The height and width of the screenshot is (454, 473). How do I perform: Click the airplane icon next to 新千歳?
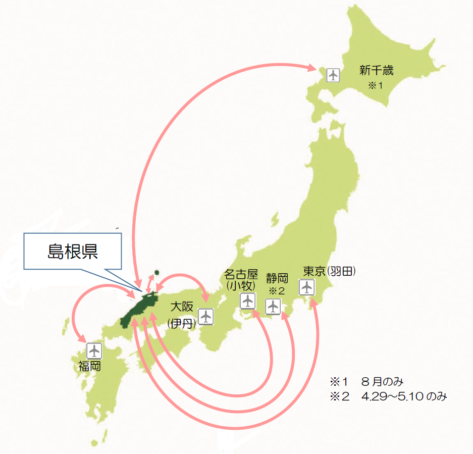[x=332, y=75]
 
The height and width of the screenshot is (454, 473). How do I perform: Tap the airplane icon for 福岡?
[x=94, y=350]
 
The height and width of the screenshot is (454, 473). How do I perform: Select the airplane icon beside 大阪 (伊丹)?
[x=205, y=317]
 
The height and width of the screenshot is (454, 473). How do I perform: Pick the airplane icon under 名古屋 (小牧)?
[x=247, y=301]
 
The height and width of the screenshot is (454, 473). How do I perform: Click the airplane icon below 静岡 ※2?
[x=273, y=306]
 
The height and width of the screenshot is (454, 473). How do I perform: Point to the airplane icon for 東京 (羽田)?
[x=306, y=287]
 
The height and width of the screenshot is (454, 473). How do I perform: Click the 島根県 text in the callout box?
[x=73, y=251]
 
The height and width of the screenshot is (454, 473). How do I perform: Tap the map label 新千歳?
[x=376, y=70]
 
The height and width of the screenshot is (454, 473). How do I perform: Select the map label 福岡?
[x=89, y=366]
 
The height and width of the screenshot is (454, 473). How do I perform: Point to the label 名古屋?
[x=241, y=275]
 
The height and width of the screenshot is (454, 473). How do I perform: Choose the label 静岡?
[x=277, y=278]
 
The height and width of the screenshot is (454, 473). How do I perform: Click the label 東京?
[x=313, y=271]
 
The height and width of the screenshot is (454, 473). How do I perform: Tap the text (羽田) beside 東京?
[x=341, y=271]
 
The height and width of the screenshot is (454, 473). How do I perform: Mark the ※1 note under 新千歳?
[x=375, y=85]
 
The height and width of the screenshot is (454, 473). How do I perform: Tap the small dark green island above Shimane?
[x=156, y=272]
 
